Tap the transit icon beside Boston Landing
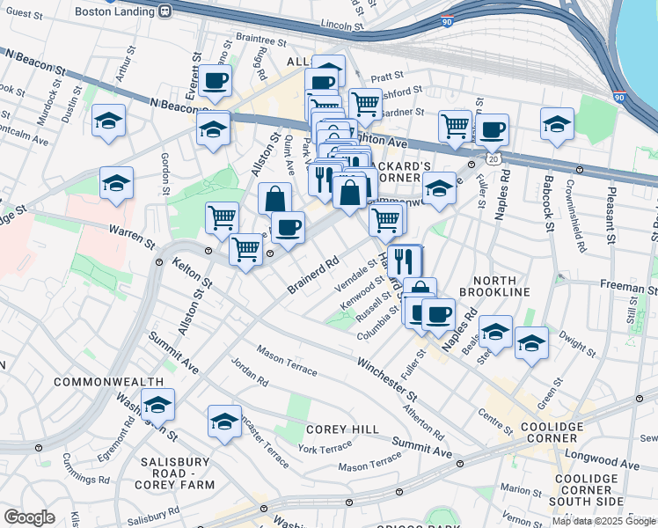coord(164,11)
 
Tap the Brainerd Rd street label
coord(312,275)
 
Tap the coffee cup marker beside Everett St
coord(214,82)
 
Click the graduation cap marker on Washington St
coord(157,405)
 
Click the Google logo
coord(29,517)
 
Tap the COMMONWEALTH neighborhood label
coord(109,382)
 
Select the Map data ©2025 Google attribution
coord(603,521)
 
